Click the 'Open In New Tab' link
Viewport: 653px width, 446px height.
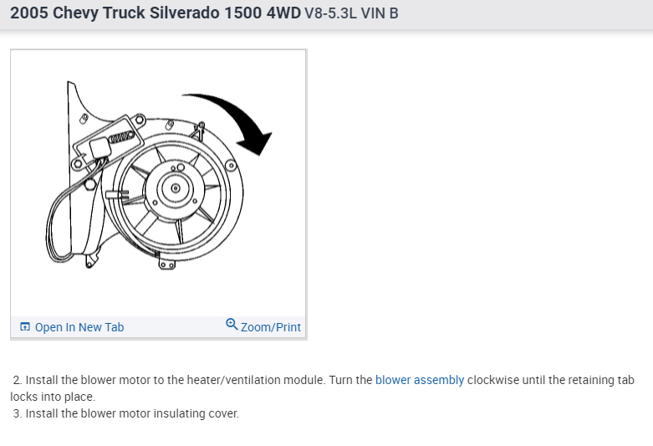[79, 327]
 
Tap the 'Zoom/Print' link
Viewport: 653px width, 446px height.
[271, 327]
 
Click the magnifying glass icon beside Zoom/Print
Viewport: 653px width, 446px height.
[232, 325]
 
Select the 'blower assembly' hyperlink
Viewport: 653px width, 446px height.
[420, 380]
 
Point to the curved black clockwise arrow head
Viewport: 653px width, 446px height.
[255, 143]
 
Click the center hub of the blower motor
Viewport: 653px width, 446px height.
[176, 188]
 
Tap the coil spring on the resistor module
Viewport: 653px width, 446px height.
[120, 137]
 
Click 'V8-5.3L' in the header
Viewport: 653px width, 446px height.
[330, 13]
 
